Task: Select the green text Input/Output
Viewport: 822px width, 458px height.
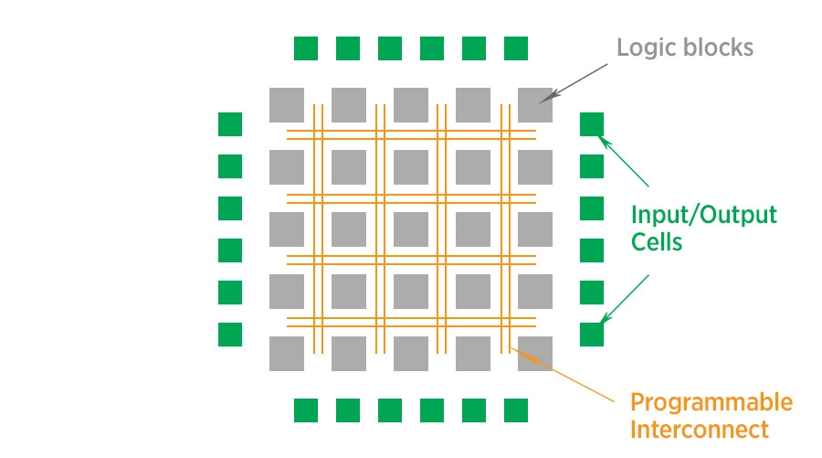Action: [703, 217]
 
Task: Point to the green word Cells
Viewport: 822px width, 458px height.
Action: [657, 243]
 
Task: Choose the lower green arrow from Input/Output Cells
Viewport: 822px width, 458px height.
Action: [625, 296]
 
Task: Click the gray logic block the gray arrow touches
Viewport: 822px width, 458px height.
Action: [535, 105]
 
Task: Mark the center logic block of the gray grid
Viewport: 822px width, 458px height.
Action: [411, 229]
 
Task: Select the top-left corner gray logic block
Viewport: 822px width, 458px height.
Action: [287, 105]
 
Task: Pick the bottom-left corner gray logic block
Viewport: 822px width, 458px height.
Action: [287, 354]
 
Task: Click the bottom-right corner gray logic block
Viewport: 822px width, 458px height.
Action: [535, 354]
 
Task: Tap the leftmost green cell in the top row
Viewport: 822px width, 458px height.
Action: [306, 48]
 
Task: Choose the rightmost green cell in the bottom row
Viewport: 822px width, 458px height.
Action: [516, 410]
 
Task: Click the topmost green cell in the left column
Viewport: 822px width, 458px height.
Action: [230, 124]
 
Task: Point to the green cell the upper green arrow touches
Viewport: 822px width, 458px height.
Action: [592, 124]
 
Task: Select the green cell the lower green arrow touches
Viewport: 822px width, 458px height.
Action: [592, 335]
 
